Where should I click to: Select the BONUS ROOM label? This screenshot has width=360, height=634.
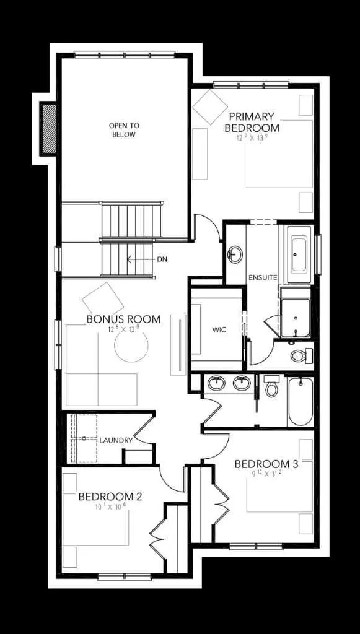coord(123,319)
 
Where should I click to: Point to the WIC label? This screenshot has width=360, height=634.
coord(217,329)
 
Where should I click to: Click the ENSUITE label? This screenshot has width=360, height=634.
coord(262,277)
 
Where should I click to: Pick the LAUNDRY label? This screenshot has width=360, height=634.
coord(116,440)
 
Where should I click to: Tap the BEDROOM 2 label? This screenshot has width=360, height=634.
coord(111,497)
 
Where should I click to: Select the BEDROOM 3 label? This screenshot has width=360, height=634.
coord(266,464)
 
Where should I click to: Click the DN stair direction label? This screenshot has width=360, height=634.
coord(162,259)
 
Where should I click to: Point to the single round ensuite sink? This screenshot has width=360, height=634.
coord(235,254)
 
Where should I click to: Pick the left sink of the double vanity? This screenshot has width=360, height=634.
coord(216,384)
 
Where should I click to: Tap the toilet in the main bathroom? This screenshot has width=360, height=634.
coord(271,386)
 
